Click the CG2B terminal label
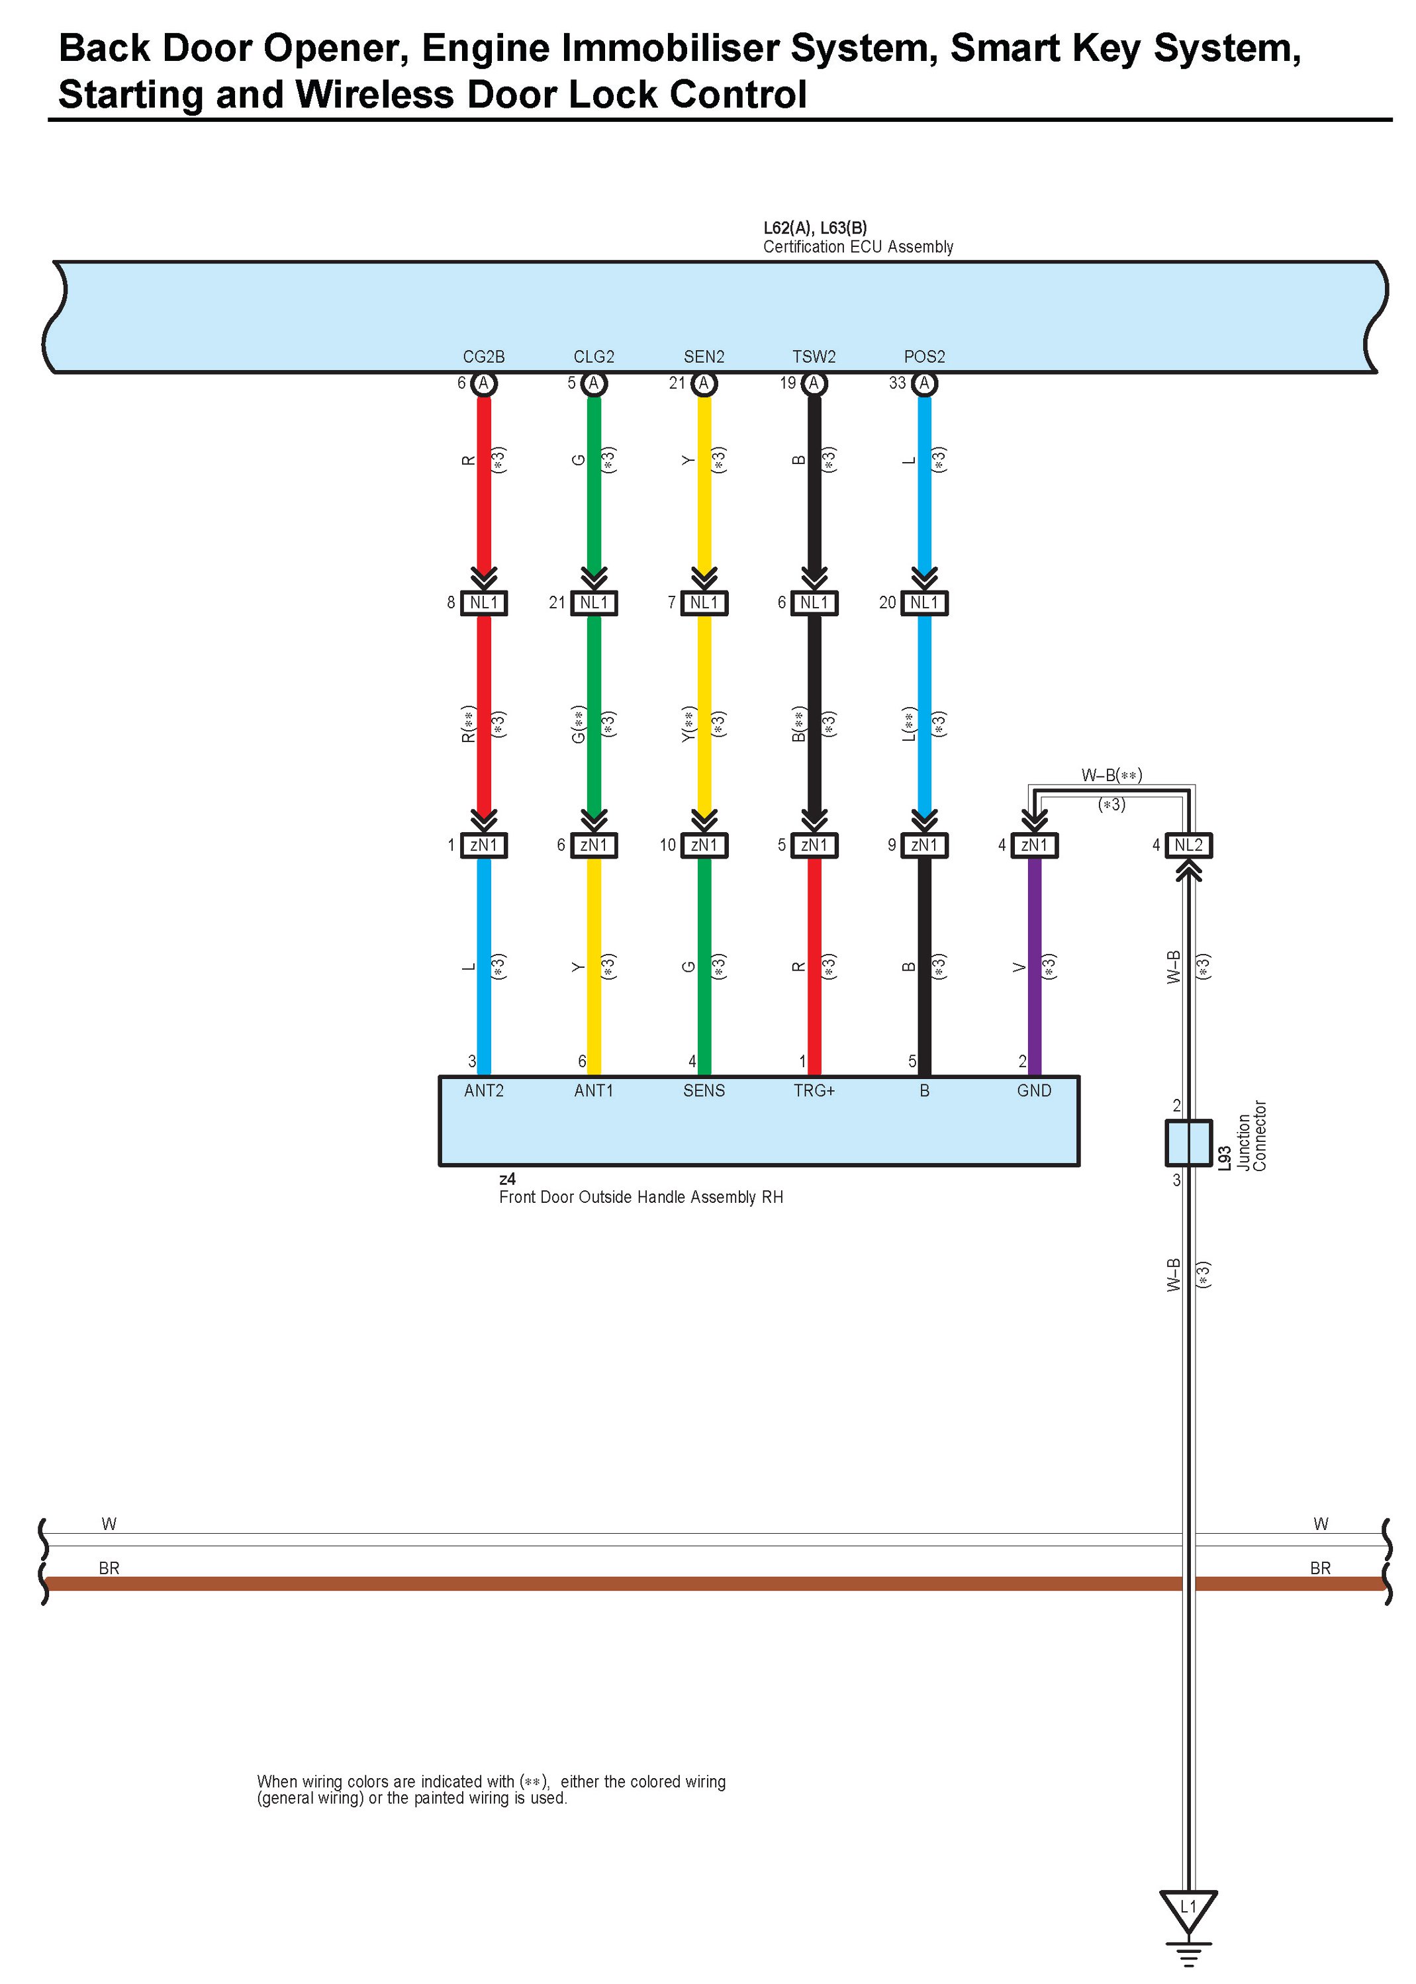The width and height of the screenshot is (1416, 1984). tap(483, 357)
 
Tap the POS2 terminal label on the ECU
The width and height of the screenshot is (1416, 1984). tap(924, 357)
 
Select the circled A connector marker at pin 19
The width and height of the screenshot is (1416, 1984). tap(814, 383)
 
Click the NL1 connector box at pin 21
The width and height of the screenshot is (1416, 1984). tap(594, 602)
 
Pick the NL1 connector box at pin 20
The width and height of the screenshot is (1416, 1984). tap(924, 602)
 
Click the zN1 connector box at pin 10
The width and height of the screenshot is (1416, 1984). tap(704, 845)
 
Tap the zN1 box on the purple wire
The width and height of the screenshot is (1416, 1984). tap(1034, 845)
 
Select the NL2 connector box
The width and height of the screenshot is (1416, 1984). tap(1188, 845)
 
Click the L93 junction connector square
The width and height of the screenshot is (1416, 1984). tap(1188, 1142)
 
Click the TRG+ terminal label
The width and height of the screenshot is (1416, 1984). tap(814, 1090)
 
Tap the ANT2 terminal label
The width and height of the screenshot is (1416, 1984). tap(484, 1090)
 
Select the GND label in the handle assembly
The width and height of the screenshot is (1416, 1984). tap(1034, 1090)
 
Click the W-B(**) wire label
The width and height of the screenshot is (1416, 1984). tap(1111, 775)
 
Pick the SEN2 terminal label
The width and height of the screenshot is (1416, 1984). tap(704, 357)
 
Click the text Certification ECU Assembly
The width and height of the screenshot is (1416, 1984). tap(858, 247)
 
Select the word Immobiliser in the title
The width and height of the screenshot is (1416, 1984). tap(671, 49)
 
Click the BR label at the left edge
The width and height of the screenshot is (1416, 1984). tap(109, 1568)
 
